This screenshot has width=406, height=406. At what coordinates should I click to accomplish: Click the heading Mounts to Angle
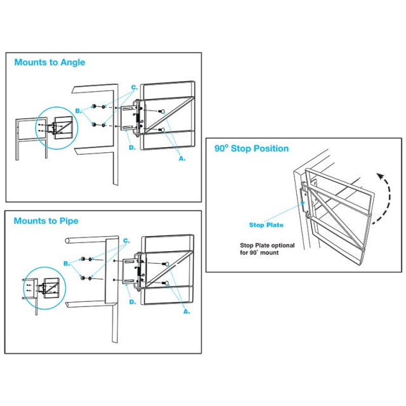pos(49,63)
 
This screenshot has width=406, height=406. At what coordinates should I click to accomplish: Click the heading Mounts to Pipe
pos(46,221)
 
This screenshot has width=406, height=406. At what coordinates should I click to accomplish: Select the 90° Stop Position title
pos(251,148)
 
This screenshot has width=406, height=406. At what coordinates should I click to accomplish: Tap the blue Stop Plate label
pos(266,225)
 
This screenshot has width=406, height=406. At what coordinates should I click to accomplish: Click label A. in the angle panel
pos(182,159)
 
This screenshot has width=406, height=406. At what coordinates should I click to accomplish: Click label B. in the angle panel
pos(78,110)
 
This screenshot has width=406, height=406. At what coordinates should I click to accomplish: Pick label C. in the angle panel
pos(134,86)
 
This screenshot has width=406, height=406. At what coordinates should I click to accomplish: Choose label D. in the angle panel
pos(132,147)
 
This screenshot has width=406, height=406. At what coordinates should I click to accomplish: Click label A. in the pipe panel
pos(187,311)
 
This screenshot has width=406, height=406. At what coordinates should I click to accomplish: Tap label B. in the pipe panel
pos(67,263)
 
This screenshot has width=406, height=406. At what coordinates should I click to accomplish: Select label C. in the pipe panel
pos(127,240)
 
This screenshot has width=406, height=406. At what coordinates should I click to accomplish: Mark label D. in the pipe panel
pos(132,302)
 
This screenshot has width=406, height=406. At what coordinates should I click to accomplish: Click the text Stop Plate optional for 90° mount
pos(259,249)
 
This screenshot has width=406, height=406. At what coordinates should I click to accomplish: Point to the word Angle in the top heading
pos(72,63)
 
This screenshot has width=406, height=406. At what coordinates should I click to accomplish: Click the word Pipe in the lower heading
pos(69,221)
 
